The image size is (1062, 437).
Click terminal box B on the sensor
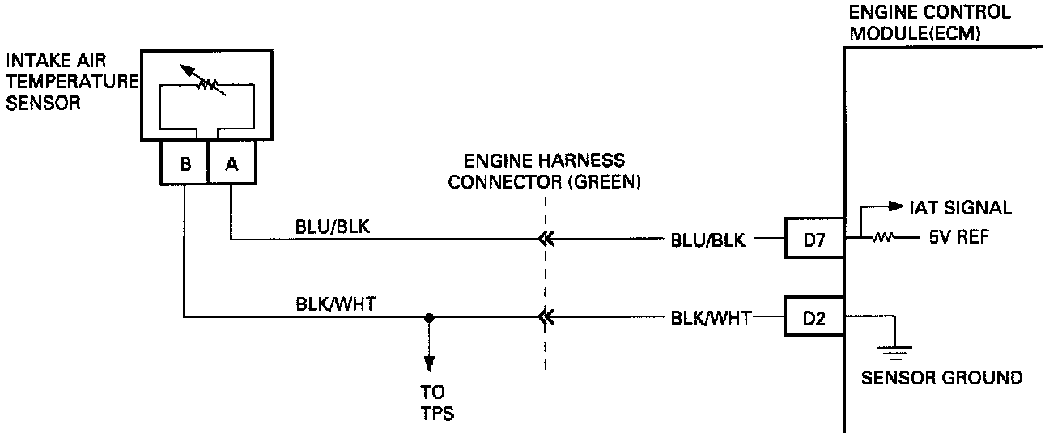pyautogui.click(x=185, y=163)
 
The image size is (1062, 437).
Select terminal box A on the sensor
pyautogui.click(x=232, y=163)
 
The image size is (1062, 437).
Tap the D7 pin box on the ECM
pyautogui.click(x=814, y=239)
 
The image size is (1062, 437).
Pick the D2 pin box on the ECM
pyautogui.click(x=814, y=318)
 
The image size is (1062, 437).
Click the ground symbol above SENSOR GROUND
pyautogui.click(x=895, y=350)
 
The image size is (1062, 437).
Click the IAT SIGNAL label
pyautogui.click(x=961, y=208)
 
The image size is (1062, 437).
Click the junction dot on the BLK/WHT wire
pyautogui.click(x=430, y=317)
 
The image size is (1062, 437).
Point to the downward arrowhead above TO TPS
pyautogui.click(x=430, y=361)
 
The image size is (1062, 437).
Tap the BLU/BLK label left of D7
pyautogui.click(x=707, y=240)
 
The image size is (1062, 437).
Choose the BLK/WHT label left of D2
pyautogui.click(x=710, y=318)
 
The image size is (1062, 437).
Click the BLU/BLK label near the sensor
pyautogui.click(x=332, y=228)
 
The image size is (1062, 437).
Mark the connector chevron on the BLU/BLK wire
pyautogui.click(x=546, y=239)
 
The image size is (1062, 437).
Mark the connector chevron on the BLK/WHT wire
pyautogui.click(x=546, y=317)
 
